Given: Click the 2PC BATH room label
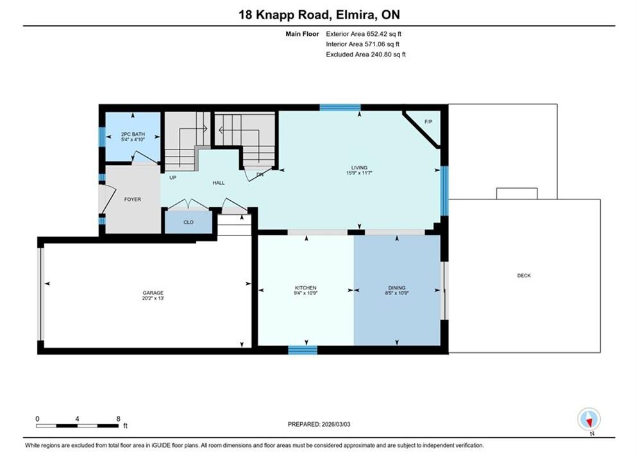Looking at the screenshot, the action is coord(133,134).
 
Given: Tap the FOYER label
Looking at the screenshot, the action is coord(133,200).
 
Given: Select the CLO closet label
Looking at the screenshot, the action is coord(189,222).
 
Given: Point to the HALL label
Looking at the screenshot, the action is coord(219,183).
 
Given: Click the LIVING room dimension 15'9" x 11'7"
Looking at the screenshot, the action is coord(359,173).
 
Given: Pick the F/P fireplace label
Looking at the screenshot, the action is coord(428,122).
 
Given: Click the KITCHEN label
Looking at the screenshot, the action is coord(306,287).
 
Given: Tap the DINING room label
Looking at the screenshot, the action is coord(397,287).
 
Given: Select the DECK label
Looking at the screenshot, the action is coord(524,275).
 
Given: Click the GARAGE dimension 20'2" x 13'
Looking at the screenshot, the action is coord(153,298).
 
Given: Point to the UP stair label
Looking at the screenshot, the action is coord(173,178).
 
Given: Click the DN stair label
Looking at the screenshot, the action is coord(260,175).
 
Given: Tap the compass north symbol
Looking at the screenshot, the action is coord(589,419).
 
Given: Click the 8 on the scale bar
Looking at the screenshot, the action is coord(119,418).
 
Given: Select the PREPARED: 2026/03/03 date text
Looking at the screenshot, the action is coord(319,424).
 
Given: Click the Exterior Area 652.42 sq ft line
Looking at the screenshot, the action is coord(364,34).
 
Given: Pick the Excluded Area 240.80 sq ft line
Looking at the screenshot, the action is coord(365,54).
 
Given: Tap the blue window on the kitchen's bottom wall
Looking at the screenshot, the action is coord(303,350).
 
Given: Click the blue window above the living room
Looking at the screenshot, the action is coord(340,107).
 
